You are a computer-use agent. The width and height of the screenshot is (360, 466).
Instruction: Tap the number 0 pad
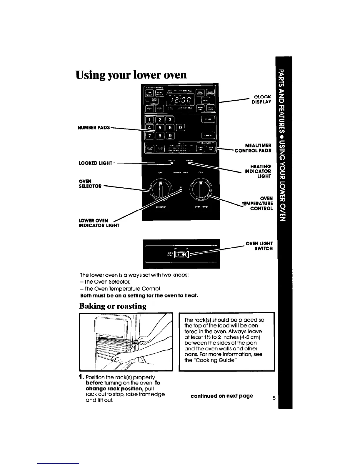pyautogui.click(x=181, y=127)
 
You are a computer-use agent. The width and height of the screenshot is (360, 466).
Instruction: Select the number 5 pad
pyautogui.click(x=160, y=127)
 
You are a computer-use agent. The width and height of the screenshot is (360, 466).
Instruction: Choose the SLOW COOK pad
pyautogui.click(x=154, y=101)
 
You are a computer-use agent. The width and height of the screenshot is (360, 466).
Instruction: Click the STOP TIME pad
pyautogui.click(x=211, y=149)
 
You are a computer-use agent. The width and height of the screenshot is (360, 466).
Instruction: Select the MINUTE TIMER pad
pyautogui.click(x=150, y=149)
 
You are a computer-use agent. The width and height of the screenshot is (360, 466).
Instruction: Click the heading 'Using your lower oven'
pyautogui.click(x=131, y=75)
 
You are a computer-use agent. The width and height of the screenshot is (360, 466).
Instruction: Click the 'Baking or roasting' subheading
pyautogui.click(x=113, y=306)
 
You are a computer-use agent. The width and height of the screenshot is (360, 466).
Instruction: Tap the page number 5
pyautogui.click(x=274, y=399)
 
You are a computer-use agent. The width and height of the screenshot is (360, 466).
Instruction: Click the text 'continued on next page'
pyautogui.click(x=222, y=396)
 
